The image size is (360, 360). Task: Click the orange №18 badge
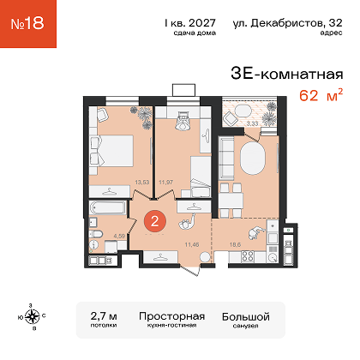pos(28,24)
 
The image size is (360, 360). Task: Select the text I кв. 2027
pos(190,23)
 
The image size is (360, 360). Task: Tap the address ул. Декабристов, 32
pos(287,23)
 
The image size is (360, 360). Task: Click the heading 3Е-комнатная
pos(287,74)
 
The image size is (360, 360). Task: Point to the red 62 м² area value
pos(321,95)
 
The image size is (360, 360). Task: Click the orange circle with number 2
pos(155,221)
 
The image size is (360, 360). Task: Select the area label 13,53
pos(142,182)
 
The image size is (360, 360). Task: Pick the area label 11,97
pos(165,182)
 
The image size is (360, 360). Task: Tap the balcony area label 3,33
pos(252,123)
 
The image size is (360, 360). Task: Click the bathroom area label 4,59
pos(119,236)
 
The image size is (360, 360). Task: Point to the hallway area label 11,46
pos(192,244)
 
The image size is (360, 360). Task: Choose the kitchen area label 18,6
pos(235,244)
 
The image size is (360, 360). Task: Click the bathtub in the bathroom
pos(107,207)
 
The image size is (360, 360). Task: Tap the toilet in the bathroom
pos(95,234)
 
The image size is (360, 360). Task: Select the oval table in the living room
pos(252,158)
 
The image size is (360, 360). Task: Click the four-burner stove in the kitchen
pos(248,256)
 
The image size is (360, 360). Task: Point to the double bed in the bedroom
pos(112,151)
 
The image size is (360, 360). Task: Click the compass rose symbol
pos(32,316)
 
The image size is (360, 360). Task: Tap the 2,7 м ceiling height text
pos(104,316)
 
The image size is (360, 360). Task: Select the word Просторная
pos(172,316)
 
